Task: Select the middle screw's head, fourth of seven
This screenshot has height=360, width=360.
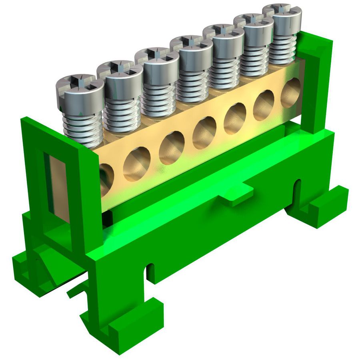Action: (x=191, y=44)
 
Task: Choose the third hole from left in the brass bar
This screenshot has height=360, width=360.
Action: (x=172, y=147)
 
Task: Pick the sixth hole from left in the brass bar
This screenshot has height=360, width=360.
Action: (x=264, y=105)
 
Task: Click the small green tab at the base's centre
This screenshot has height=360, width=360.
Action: (x=236, y=196)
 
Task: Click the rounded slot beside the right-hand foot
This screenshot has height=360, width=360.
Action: (x=298, y=192)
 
